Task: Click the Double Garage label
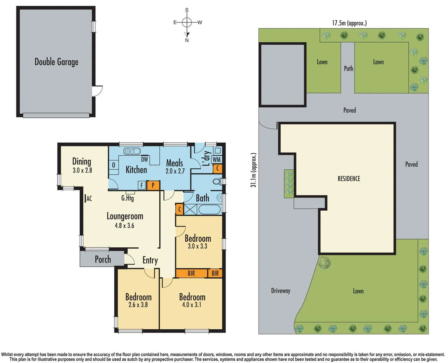pyautogui.click(x=56, y=62)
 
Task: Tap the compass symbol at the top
pyautogui.click(x=187, y=23)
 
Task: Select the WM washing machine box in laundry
pyautogui.click(x=217, y=159)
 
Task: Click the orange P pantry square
pyautogui.click(x=153, y=185)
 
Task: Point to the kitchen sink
pyautogui.click(x=131, y=151)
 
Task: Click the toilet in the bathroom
pyautogui.click(x=217, y=182)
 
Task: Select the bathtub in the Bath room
pyautogui.click(x=209, y=209)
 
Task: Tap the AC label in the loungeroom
pyautogui.click(x=89, y=199)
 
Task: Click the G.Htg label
pyautogui.click(x=128, y=198)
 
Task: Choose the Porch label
pyautogui.click(x=103, y=259)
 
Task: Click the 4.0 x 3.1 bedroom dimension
pyautogui.click(x=192, y=305)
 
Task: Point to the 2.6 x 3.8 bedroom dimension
pyautogui.click(x=138, y=305)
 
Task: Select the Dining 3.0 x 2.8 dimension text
pyautogui.click(x=82, y=170)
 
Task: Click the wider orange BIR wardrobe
pyautogui.click(x=191, y=273)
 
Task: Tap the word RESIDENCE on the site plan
pyautogui.click(x=349, y=179)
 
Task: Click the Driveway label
pyautogui.click(x=281, y=291)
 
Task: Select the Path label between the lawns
pyautogui.click(x=349, y=69)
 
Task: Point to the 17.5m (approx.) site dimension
pyautogui.click(x=349, y=23)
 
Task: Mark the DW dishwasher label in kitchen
pyautogui.click(x=145, y=159)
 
